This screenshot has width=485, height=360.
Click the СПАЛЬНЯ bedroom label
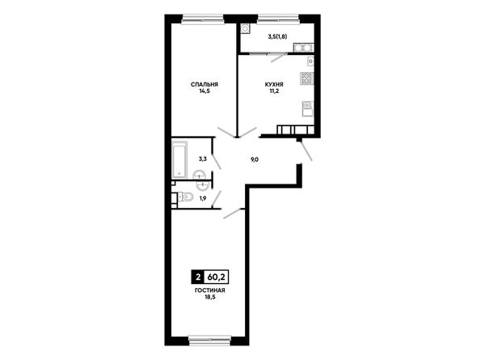[205, 84]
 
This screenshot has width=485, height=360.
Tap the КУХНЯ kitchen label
[274, 84]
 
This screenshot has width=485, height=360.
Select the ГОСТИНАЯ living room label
[209, 290]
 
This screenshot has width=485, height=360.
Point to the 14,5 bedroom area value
[205, 91]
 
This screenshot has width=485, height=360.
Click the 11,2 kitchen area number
[274, 91]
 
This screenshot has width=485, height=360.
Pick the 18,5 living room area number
[209, 297]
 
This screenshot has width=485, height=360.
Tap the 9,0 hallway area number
[255, 159]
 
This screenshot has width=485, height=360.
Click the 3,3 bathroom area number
[203, 159]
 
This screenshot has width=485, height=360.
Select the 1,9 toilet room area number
[203, 198]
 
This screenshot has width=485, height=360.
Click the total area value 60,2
[216, 277]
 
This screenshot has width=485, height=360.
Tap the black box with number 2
[198, 277]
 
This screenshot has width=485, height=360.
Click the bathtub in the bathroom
[179, 159]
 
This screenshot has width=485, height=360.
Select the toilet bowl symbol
[186, 197]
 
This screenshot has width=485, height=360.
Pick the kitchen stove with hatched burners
[307, 78]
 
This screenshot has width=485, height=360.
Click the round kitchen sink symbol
[310, 61]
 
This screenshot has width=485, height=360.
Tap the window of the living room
[209, 340]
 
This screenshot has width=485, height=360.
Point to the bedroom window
[203, 19]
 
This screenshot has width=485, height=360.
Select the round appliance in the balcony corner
[246, 29]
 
